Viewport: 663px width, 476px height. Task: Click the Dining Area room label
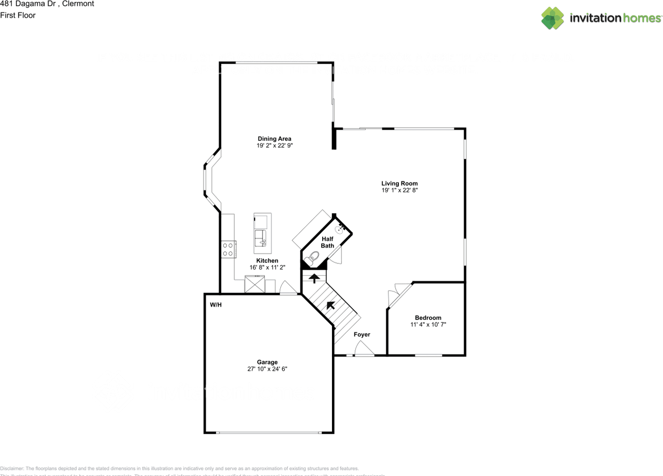274,138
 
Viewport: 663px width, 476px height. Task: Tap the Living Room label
399,183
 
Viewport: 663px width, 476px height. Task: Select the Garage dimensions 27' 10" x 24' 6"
267,369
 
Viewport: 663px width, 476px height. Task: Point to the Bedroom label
428,318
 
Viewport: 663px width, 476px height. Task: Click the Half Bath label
327,242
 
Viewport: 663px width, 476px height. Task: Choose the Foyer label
362,334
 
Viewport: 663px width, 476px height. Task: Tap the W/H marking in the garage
215,305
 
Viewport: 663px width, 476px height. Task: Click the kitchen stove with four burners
228,249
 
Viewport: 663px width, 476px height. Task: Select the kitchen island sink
261,239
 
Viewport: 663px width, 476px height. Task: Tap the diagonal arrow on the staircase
330,305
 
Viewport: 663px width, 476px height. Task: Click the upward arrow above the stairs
314,278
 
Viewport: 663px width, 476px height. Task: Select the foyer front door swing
364,351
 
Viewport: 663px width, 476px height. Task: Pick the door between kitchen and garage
287,288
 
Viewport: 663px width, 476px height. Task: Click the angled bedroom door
399,294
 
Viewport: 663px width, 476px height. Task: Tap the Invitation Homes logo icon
552,18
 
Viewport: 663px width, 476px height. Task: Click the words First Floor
18,15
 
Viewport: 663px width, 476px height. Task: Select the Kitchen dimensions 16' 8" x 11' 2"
267,267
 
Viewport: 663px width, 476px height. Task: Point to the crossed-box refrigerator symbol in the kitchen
254,285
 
